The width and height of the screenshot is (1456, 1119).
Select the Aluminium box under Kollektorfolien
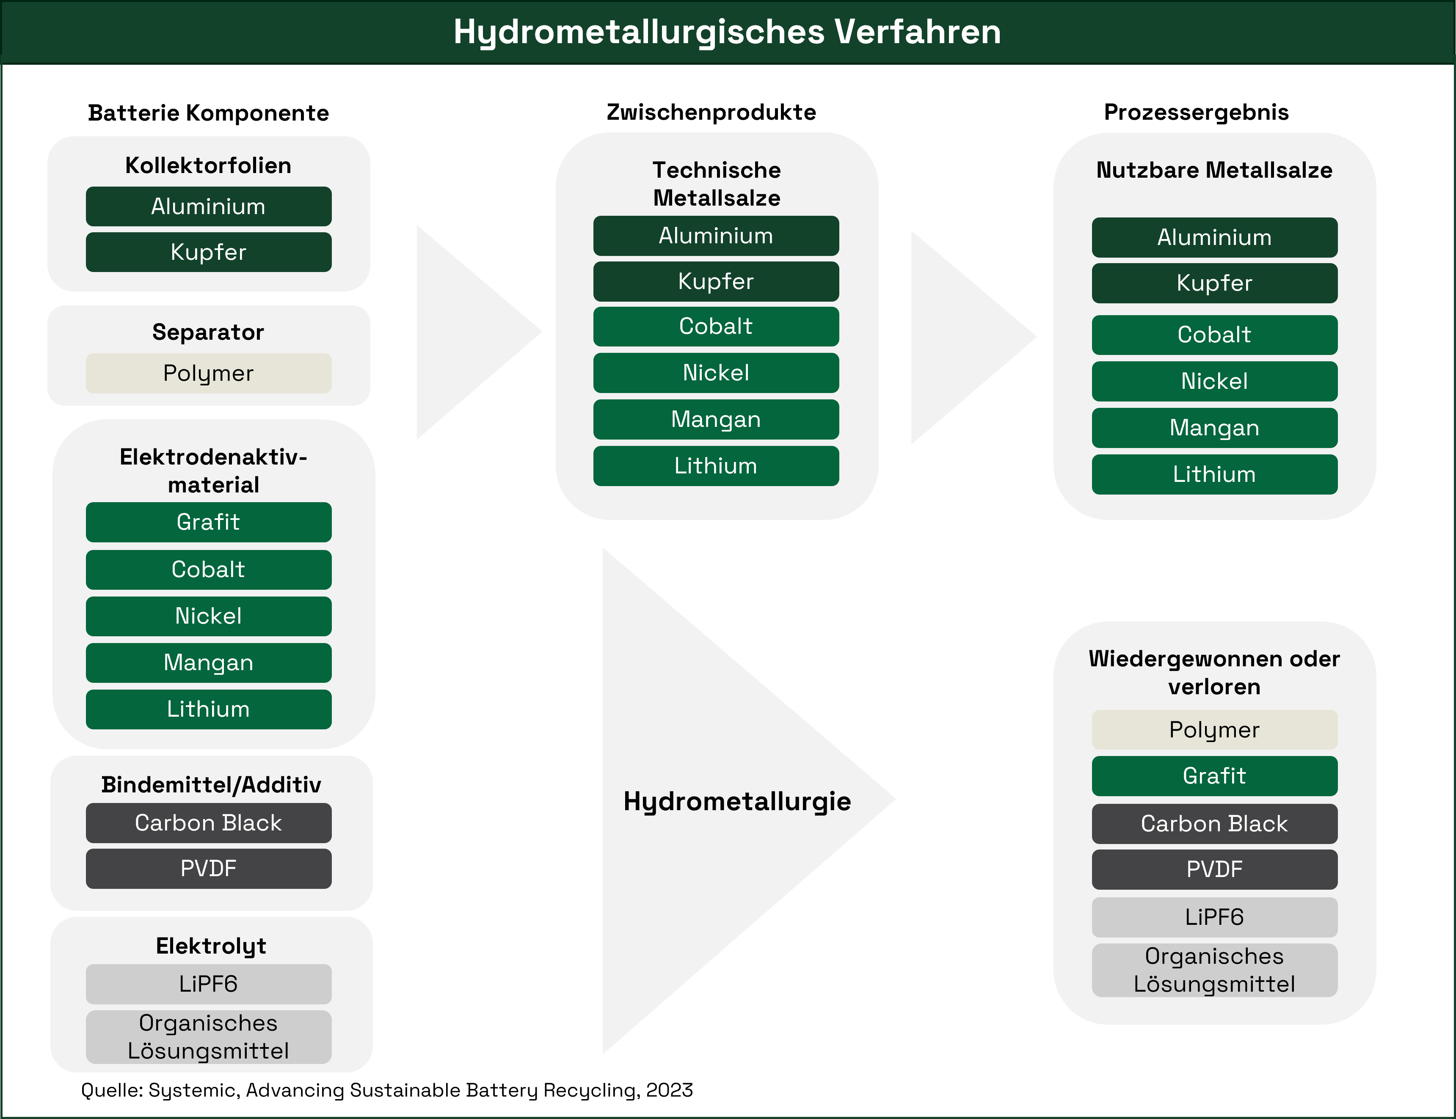(209, 206)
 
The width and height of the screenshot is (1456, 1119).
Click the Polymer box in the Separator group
(209, 374)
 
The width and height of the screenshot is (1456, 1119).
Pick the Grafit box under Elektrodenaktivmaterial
(209, 522)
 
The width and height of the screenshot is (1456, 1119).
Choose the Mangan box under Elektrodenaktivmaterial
(209, 663)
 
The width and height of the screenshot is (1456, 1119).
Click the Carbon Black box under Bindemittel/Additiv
(209, 823)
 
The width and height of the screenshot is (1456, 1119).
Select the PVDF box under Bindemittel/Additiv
(209, 869)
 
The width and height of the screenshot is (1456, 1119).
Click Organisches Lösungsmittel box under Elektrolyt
(209, 1037)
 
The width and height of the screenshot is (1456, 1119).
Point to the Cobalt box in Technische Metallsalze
(716, 326)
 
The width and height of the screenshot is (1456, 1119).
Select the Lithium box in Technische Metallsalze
(716, 466)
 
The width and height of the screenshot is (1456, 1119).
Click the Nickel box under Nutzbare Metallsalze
(1214, 381)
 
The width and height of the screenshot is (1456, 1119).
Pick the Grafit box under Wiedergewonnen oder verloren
(1214, 776)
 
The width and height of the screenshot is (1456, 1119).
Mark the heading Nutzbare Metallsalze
(1214, 170)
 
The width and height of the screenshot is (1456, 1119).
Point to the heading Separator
(209, 332)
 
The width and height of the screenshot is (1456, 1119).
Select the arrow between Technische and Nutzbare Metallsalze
(960, 338)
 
